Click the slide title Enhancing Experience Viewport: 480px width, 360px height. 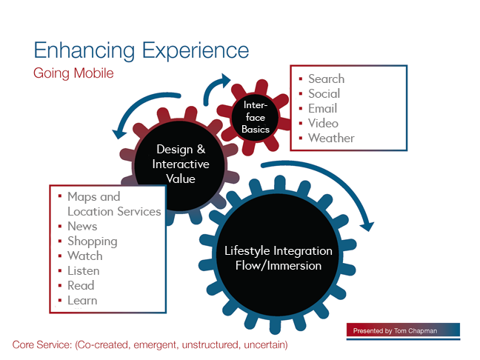[141, 50]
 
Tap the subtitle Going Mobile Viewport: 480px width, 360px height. [73, 73]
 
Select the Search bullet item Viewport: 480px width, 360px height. [327, 79]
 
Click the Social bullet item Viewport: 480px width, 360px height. [324, 93]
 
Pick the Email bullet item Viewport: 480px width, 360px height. [323, 108]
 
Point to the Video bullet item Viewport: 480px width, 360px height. [323, 123]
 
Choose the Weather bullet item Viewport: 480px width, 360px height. [331, 138]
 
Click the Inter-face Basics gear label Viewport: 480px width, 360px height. [256, 117]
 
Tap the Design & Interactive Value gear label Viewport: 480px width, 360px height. [181, 164]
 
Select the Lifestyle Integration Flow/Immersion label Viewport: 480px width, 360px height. [279, 258]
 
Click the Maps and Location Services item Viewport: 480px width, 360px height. [114, 204]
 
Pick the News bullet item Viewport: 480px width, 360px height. [82, 226]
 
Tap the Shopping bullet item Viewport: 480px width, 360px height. [93, 241]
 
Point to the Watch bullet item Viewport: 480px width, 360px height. [85, 256]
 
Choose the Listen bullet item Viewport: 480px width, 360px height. [84, 270]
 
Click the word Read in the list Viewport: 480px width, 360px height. [81, 286]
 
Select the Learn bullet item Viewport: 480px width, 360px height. [82, 300]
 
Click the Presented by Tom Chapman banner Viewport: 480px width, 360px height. [403, 330]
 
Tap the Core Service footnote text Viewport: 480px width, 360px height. [150, 345]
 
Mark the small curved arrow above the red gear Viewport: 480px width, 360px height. [213, 87]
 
